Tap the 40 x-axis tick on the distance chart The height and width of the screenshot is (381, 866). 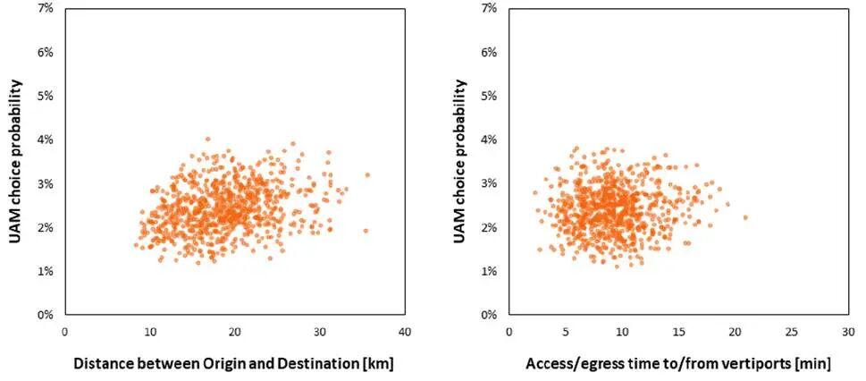(404, 331)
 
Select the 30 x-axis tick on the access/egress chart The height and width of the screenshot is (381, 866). (847, 331)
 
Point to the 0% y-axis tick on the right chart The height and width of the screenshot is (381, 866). (488, 315)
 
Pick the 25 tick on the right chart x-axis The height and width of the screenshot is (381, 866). (791, 331)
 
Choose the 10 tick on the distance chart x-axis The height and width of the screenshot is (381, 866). (149, 331)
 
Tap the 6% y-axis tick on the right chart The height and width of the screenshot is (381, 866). (488, 53)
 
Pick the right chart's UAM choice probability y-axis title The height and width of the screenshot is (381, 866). (461, 162)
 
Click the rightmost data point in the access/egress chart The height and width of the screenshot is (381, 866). (745, 217)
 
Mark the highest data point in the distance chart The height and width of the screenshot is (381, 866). (207, 139)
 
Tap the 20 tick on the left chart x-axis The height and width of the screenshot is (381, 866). (234, 331)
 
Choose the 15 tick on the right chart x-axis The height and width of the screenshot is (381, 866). (677, 331)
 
